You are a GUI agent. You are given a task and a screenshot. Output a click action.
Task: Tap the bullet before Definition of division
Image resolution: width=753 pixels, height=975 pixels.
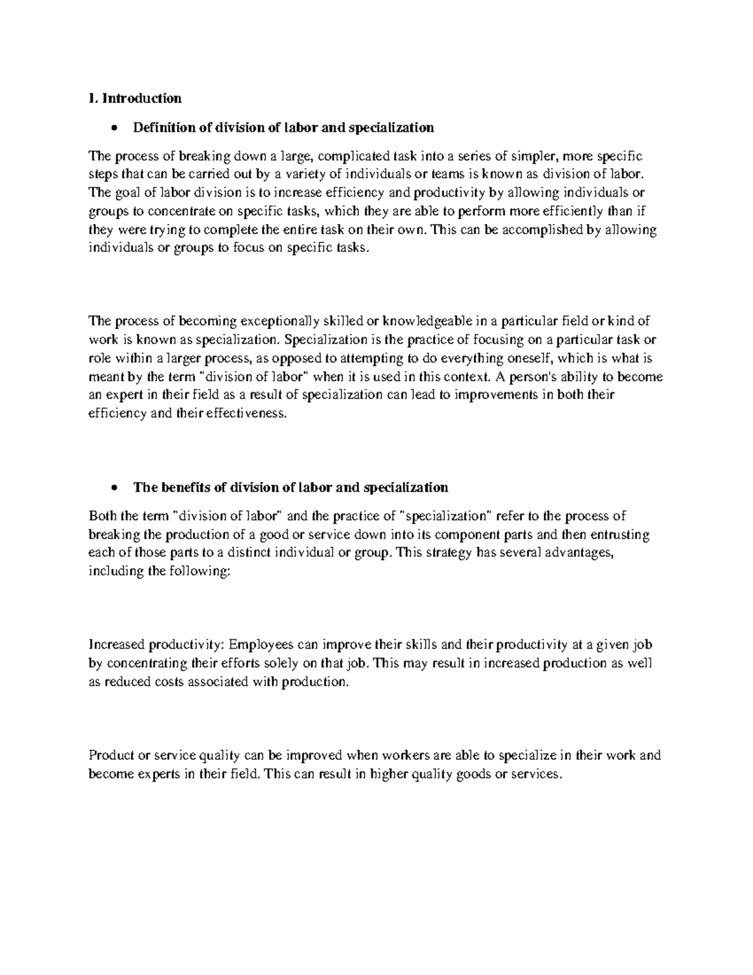pos(113,129)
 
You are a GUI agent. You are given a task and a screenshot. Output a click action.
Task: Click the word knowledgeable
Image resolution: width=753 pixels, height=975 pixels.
pos(427,322)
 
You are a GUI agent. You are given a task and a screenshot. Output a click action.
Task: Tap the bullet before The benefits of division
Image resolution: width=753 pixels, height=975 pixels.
pos(113,488)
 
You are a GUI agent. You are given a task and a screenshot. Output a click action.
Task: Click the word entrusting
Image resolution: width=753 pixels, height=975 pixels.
pos(617,535)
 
